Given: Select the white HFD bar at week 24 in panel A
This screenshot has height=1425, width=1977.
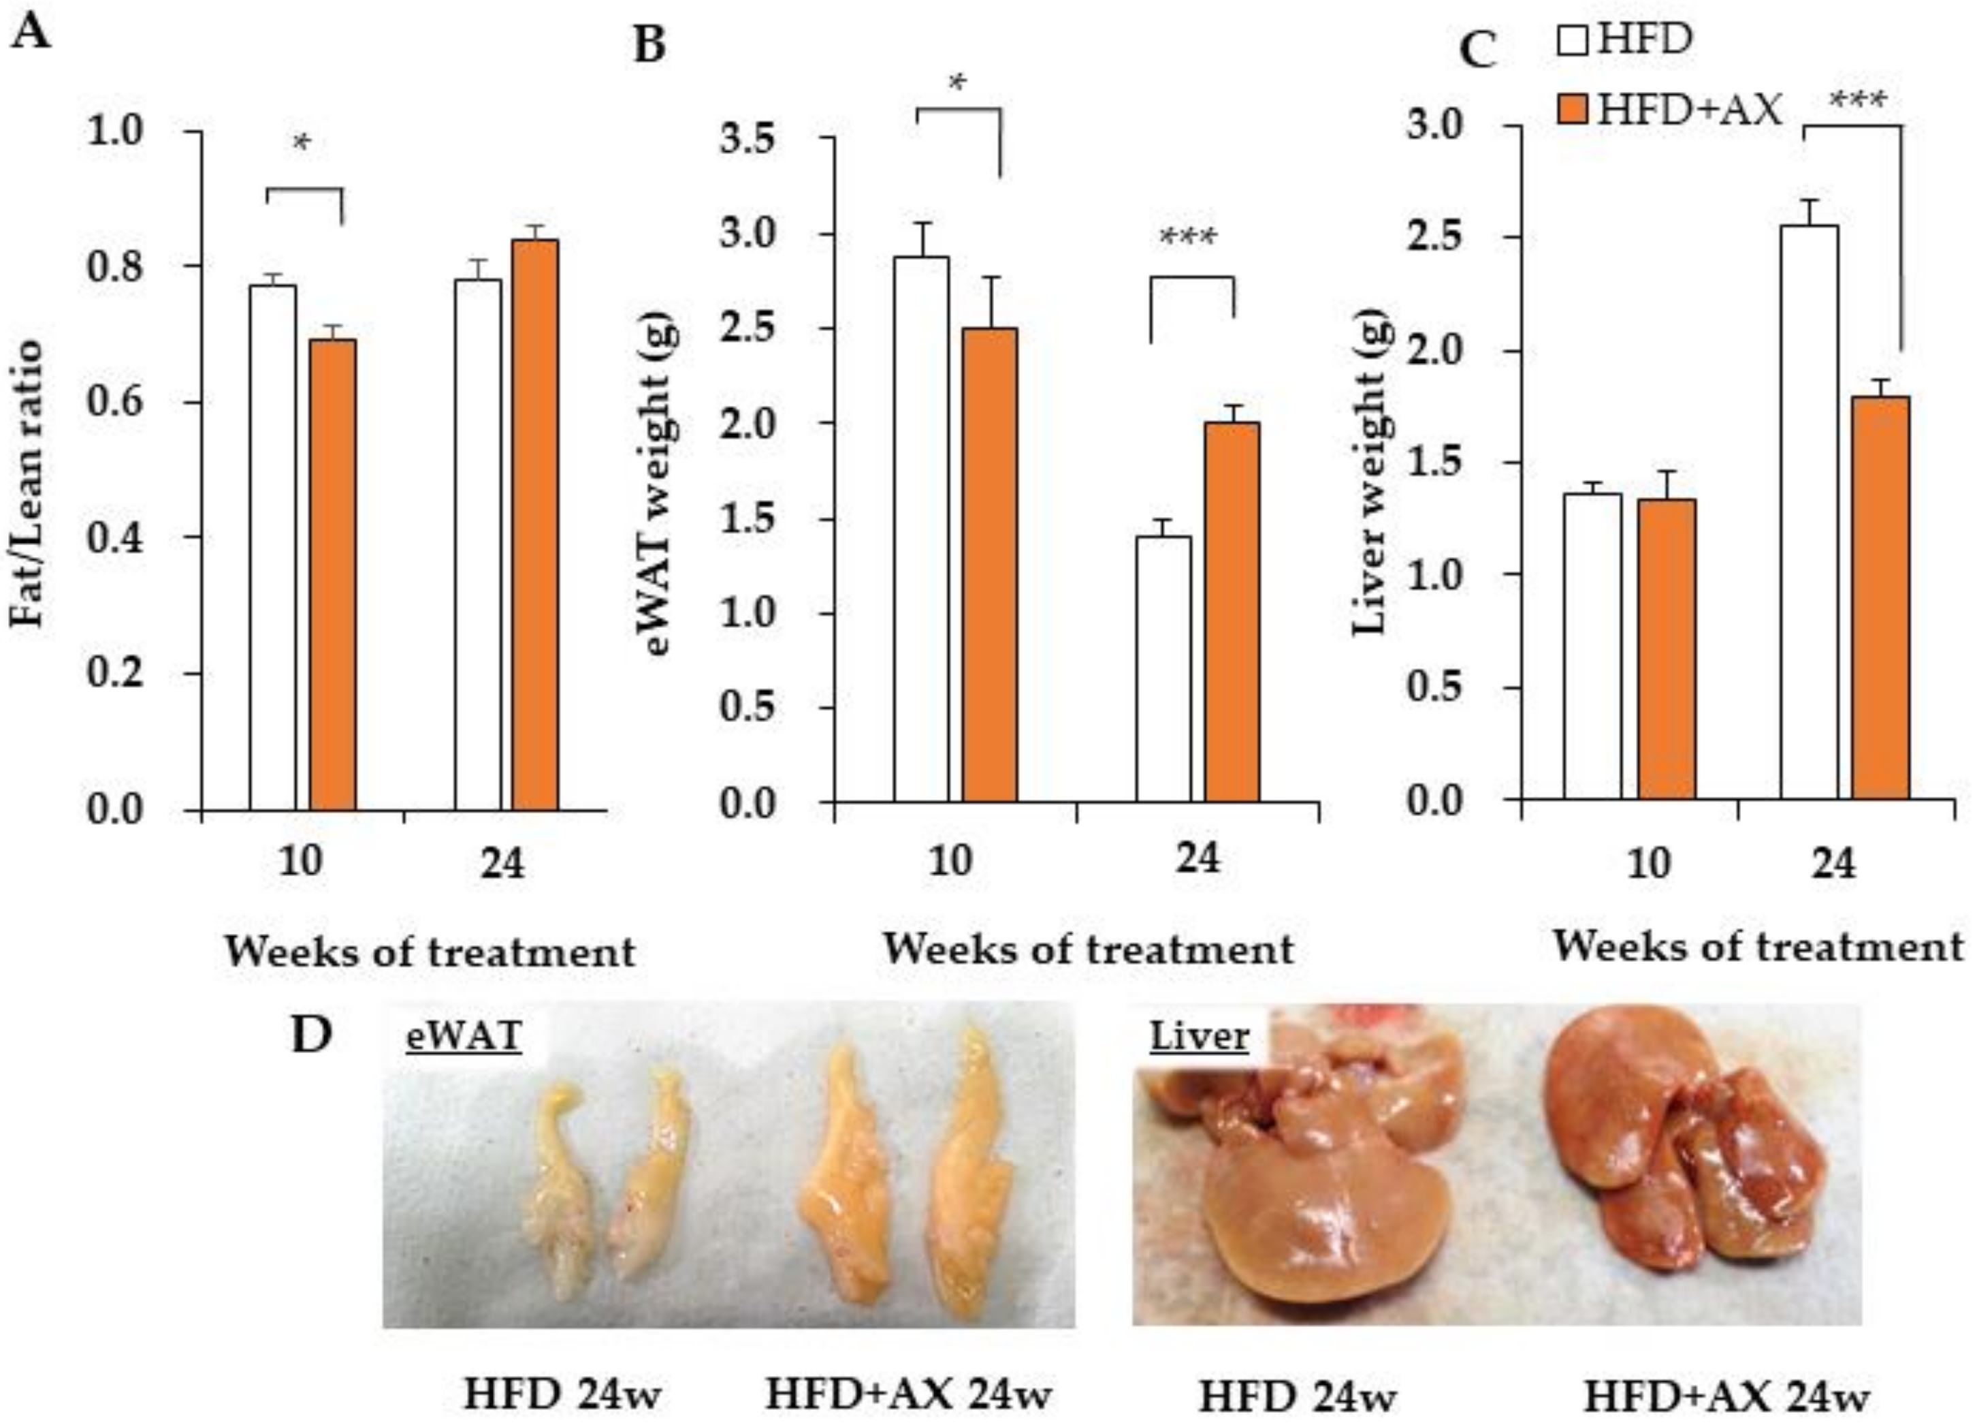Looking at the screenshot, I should (x=478, y=544).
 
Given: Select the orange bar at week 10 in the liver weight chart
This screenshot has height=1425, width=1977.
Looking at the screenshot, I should (x=1667, y=649).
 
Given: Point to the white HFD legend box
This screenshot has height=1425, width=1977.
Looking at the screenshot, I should (x=1573, y=40).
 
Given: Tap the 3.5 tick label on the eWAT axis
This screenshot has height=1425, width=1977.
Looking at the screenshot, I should (x=747, y=140).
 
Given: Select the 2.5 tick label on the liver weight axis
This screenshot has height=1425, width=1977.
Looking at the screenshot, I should (x=1434, y=237).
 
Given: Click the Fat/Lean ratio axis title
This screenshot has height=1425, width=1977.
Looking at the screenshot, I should (x=28, y=484).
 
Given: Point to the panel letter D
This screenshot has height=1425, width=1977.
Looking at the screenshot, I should (x=311, y=1035).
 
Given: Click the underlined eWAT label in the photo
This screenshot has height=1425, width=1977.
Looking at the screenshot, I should (x=464, y=1037).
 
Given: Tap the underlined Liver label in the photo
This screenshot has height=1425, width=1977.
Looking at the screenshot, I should (x=1200, y=1037).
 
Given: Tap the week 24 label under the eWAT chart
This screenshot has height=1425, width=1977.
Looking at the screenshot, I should (x=1198, y=859).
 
